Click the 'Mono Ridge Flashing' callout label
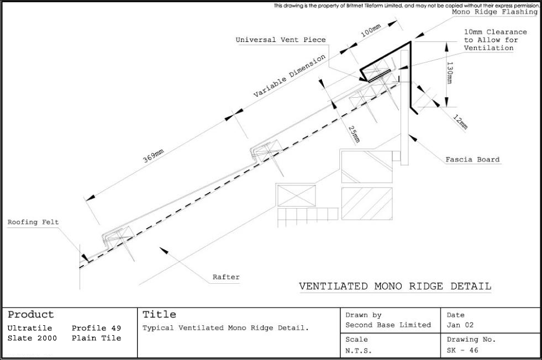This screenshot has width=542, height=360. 495,12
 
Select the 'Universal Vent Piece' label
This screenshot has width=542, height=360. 281,40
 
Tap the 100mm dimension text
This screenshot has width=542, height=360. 371,31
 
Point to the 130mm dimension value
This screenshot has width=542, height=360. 450,72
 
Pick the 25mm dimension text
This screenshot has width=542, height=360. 354,134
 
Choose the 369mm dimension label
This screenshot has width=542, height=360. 153,156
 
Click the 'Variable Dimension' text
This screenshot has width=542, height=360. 290,76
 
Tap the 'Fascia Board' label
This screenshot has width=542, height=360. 472,160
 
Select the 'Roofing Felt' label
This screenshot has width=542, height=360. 33,222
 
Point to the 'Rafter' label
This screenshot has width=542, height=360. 226,277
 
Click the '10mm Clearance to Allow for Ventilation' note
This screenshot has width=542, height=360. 496,40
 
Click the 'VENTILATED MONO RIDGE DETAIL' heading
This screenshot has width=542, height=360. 395,287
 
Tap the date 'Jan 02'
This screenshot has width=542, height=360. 460,325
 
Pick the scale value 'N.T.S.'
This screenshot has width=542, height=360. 359,351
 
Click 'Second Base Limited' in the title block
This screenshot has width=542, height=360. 388,325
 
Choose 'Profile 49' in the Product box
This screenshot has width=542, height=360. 97,328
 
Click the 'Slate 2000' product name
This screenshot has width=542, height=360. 32,338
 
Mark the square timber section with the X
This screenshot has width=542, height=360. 297,196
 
